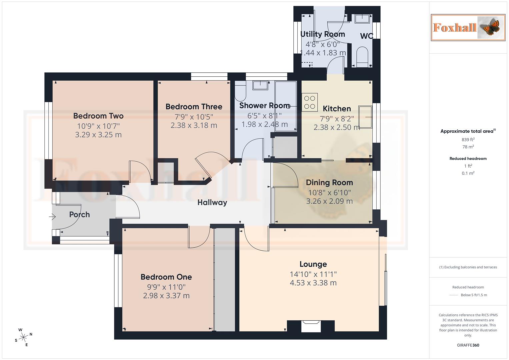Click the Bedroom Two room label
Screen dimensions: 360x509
(x=98, y=116)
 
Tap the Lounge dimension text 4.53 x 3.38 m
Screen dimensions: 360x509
(x=313, y=283)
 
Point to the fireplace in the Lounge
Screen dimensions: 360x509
(x=311, y=326)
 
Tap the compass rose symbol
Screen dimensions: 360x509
(x=23, y=337)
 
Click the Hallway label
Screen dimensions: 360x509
(x=212, y=202)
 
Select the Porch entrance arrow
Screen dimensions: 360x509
(x=52, y=217)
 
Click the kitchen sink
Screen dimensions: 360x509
(x=365, y=117)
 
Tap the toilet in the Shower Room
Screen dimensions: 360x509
(x=240, y=92)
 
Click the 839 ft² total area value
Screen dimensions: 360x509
(x=468, y=140)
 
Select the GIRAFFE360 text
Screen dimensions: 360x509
(x=468, y=345)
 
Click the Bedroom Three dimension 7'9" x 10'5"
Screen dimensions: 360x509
(x=194, y=117)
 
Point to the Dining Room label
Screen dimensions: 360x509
(x=329, y=182)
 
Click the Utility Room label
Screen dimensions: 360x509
(x=322, y=34)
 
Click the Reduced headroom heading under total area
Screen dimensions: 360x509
(x=468, y=159)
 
